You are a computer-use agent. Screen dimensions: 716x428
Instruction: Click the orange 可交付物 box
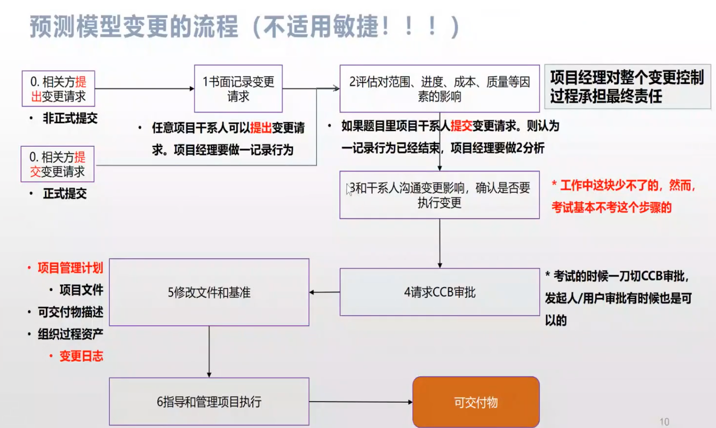coord(476,402)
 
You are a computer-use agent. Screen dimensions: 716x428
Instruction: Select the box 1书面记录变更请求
coord(239,89)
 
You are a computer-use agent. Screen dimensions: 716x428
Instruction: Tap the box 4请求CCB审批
coord(440,292)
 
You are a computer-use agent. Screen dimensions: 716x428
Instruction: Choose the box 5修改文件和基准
coord(209,292)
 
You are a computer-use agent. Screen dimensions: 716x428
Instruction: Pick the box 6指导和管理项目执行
coord(209,401)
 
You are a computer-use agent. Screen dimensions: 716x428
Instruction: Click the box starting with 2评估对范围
coord(440,89)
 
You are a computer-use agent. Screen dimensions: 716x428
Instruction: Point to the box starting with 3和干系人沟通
coord(440,195)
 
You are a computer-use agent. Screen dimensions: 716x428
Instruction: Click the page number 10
coord(664,422)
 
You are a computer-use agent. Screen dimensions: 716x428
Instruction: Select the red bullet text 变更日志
coord(81,356)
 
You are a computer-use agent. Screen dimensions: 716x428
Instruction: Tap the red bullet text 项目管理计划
coord(70,268)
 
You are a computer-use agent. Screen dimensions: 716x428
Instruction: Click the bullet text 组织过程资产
coord(70,334)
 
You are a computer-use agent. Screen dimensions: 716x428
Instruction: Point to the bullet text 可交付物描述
coord(70,312)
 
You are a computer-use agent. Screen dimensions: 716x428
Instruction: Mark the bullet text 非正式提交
coord(70,118)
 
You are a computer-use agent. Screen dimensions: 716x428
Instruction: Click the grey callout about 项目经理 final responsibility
coord(628,87)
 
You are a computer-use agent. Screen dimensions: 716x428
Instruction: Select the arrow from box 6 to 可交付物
coord(361,402)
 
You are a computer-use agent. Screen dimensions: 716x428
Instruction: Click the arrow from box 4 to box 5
coord(324,292)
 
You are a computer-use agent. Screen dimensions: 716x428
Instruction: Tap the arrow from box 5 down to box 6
coord(209,351)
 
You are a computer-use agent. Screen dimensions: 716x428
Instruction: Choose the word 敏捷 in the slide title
coord(356,27)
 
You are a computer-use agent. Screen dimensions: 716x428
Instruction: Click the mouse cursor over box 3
coord(349,189)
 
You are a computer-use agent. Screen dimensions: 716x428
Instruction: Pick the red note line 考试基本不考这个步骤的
coord(611,208)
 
